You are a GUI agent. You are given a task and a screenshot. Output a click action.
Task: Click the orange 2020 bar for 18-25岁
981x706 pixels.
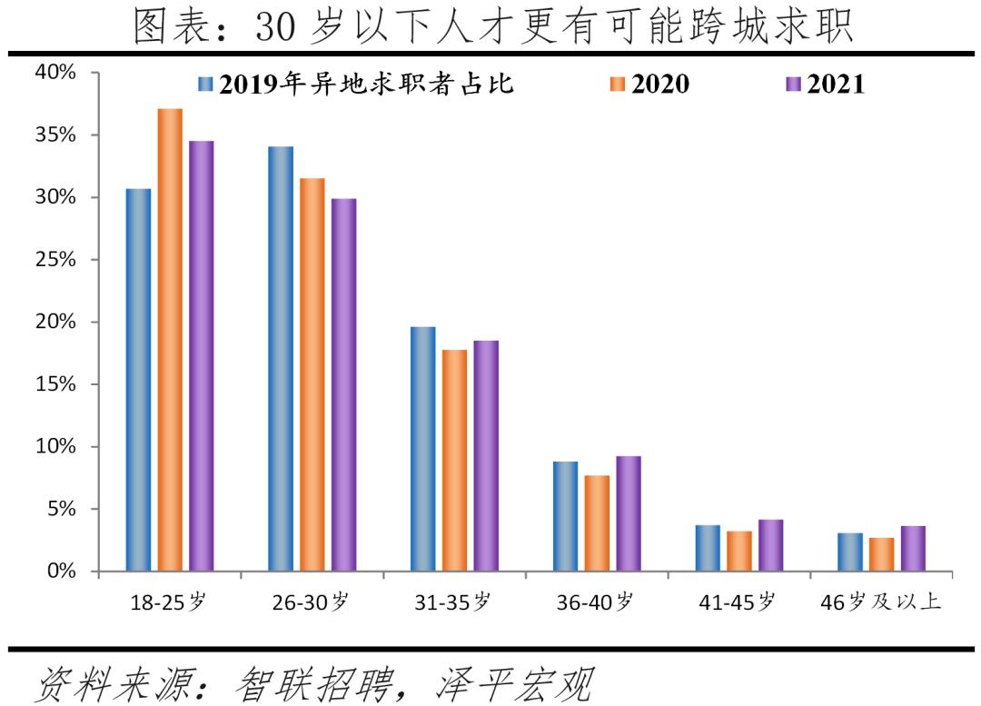[170, 340]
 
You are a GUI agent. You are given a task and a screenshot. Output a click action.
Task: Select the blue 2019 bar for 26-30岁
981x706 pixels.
[281, 359]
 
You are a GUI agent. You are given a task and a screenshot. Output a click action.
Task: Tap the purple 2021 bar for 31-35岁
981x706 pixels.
[486, 455]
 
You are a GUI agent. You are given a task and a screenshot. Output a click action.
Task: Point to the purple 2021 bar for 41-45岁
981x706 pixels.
[770, 545]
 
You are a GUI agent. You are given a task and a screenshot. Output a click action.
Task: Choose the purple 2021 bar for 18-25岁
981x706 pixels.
[201, 355]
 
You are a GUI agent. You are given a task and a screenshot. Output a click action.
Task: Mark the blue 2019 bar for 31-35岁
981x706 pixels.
[422, 449]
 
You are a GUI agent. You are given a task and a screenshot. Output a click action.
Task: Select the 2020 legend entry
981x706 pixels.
[649, 85]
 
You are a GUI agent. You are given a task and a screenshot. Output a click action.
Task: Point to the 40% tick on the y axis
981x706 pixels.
[55, 73]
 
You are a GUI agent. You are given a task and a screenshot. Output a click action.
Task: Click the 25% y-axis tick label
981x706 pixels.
[55, 260]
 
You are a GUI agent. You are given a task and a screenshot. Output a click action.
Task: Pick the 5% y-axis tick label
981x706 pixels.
[61, 509]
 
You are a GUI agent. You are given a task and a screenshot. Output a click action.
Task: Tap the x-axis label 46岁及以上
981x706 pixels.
[879, 602]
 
